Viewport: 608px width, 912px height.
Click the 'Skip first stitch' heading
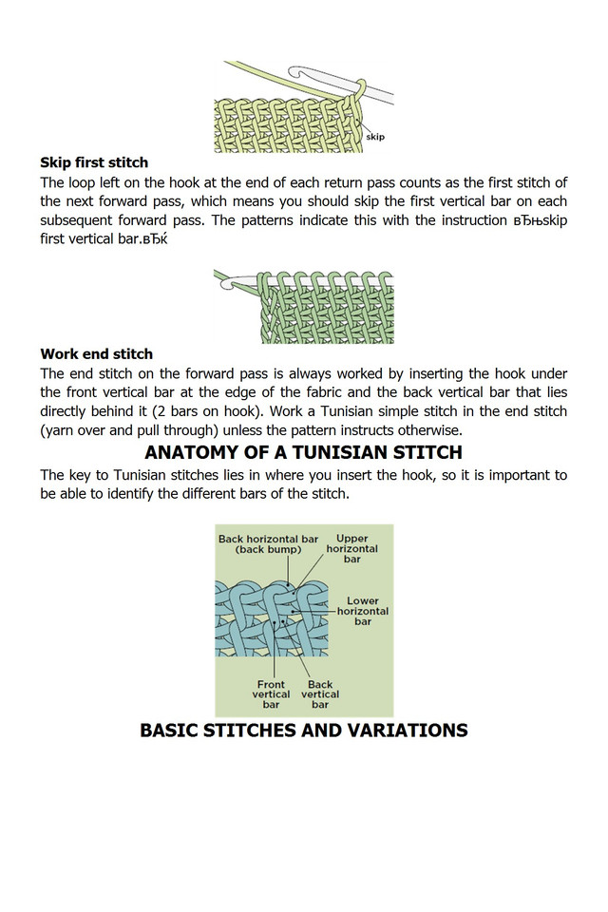click(94, 162)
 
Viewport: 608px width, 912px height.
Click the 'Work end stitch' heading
click(96, 354)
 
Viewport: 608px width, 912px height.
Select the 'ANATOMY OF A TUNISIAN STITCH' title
click(303, 451)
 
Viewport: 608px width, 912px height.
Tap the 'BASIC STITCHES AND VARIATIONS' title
click(303, 731)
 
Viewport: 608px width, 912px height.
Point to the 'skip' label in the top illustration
click(375, 137)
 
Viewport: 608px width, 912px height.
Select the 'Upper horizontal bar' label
click(351, 549)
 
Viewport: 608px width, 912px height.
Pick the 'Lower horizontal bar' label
click(363, 611)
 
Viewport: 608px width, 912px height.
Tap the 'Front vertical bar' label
click(271, 694)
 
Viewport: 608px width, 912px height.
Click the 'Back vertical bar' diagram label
click(320, 694)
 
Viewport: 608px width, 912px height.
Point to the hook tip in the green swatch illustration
click(222, 278)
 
